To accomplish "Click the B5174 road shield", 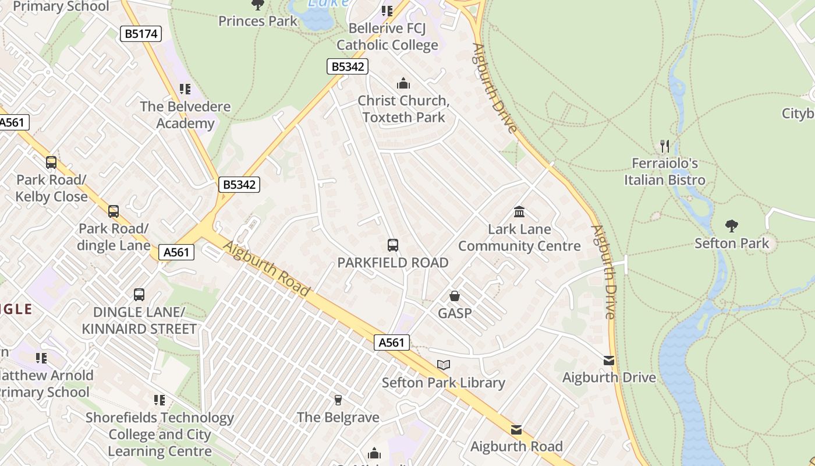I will pyautogui.click(x=141, y=34).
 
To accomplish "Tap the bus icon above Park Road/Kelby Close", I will pyautogui.click(x=51, y=163).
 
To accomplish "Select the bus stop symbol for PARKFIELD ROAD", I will pyautogui.click(x=393, y=245).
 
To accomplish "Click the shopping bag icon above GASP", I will pyautogui.click(x=455, y=296).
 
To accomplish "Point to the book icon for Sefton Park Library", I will pyautogui.click(x=444, y=365).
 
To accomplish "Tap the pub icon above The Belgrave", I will pyautogui.click(x=338, y=400).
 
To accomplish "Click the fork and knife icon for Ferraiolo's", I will pyautogui.click(x=665, y=146).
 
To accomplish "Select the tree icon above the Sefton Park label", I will pyautogui.click(x=732, y=226).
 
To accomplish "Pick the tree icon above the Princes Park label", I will pyautogui.click(x=257, y=5).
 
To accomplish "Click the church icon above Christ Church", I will pyautogui.click(x=403, y=83).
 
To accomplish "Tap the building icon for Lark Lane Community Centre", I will pyautogui.click(x=519, y=211).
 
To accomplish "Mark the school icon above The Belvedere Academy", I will pyautogui.click(x=185, y=89).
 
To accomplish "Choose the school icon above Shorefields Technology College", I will pyautogui.click(x=160, y=400).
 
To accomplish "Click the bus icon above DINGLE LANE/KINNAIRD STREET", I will pyautogui.click(x=139, y=295).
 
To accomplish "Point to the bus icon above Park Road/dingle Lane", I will pyautogui.click(x=114, y=211).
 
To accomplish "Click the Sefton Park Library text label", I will pyautogui.click(x=444, y=383).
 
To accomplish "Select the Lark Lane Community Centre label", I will pyautogui.click(x=519, y=237).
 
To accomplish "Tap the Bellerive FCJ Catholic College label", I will pyautogui.click(x=387, y=37).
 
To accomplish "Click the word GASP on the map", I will pyautogui.click(x=455, y=313).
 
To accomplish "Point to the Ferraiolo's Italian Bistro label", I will pyautogui.click(x=665, y=171).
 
